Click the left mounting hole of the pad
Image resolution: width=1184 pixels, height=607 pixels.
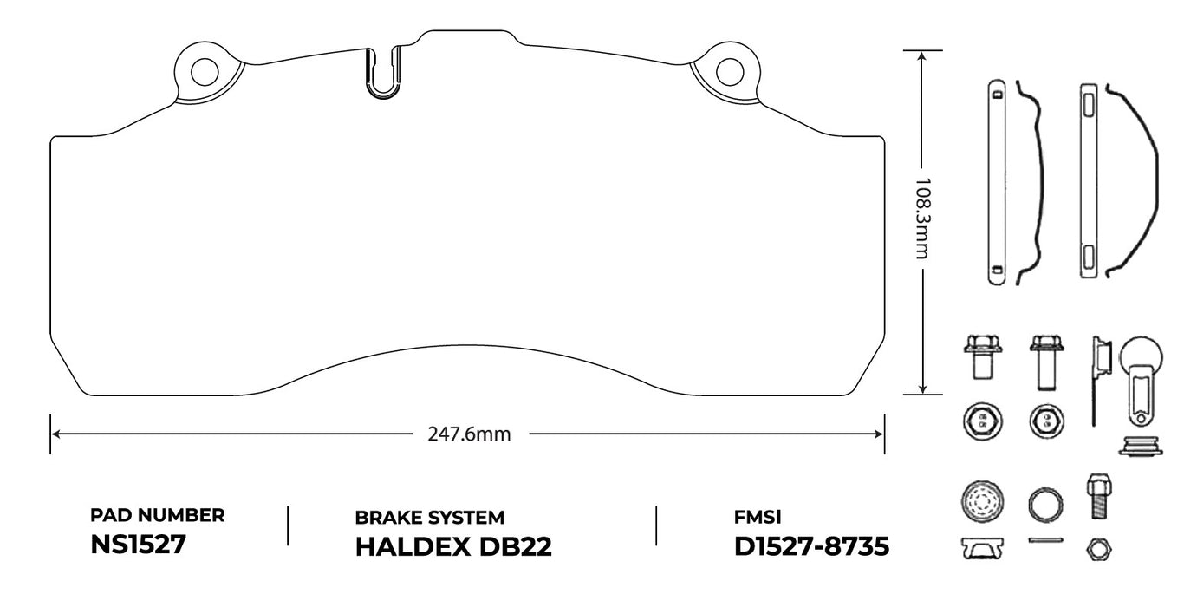205,71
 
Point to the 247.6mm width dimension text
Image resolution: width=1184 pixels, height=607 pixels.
469,434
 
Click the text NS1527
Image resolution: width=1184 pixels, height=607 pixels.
138,546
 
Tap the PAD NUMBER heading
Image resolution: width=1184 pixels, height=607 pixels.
158,515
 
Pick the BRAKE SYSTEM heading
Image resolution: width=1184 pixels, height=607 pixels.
430,518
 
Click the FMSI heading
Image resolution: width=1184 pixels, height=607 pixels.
758,518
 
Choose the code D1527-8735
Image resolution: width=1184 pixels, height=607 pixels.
810,547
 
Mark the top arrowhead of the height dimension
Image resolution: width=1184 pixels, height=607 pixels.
922,55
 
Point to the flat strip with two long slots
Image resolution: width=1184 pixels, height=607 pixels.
1089,180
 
